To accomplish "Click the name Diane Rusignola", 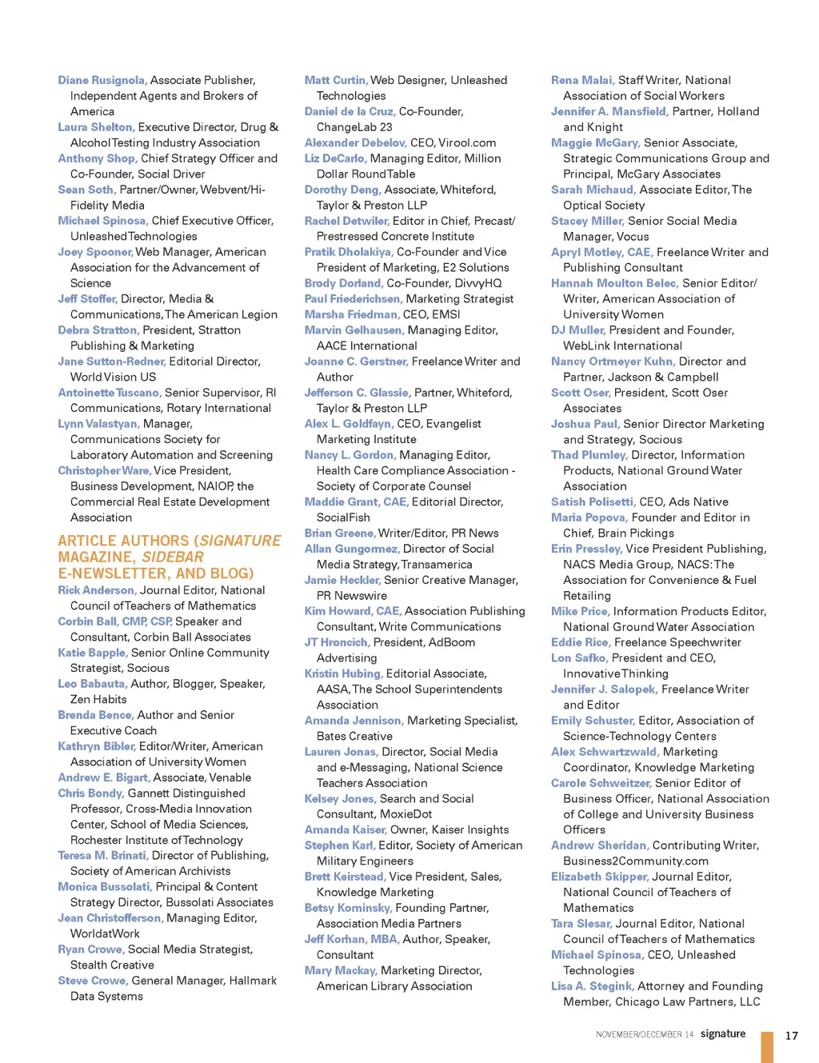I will [x=102, y=80].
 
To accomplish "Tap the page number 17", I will [x=791, y=1035].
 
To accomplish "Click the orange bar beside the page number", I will [x=767, y=1047].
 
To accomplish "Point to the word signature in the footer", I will [x=723, y=1033].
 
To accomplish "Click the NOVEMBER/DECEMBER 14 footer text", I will [x=644, y=1034].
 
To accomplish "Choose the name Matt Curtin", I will [x=335, y=80].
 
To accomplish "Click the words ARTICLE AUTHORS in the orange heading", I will [x=124, y=541].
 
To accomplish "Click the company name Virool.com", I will [x=467, y=142].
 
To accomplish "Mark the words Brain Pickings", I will [x=633, y=533].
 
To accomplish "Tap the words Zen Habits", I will [x=98, y=699].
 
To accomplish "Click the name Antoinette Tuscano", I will [x=110, y=393].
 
